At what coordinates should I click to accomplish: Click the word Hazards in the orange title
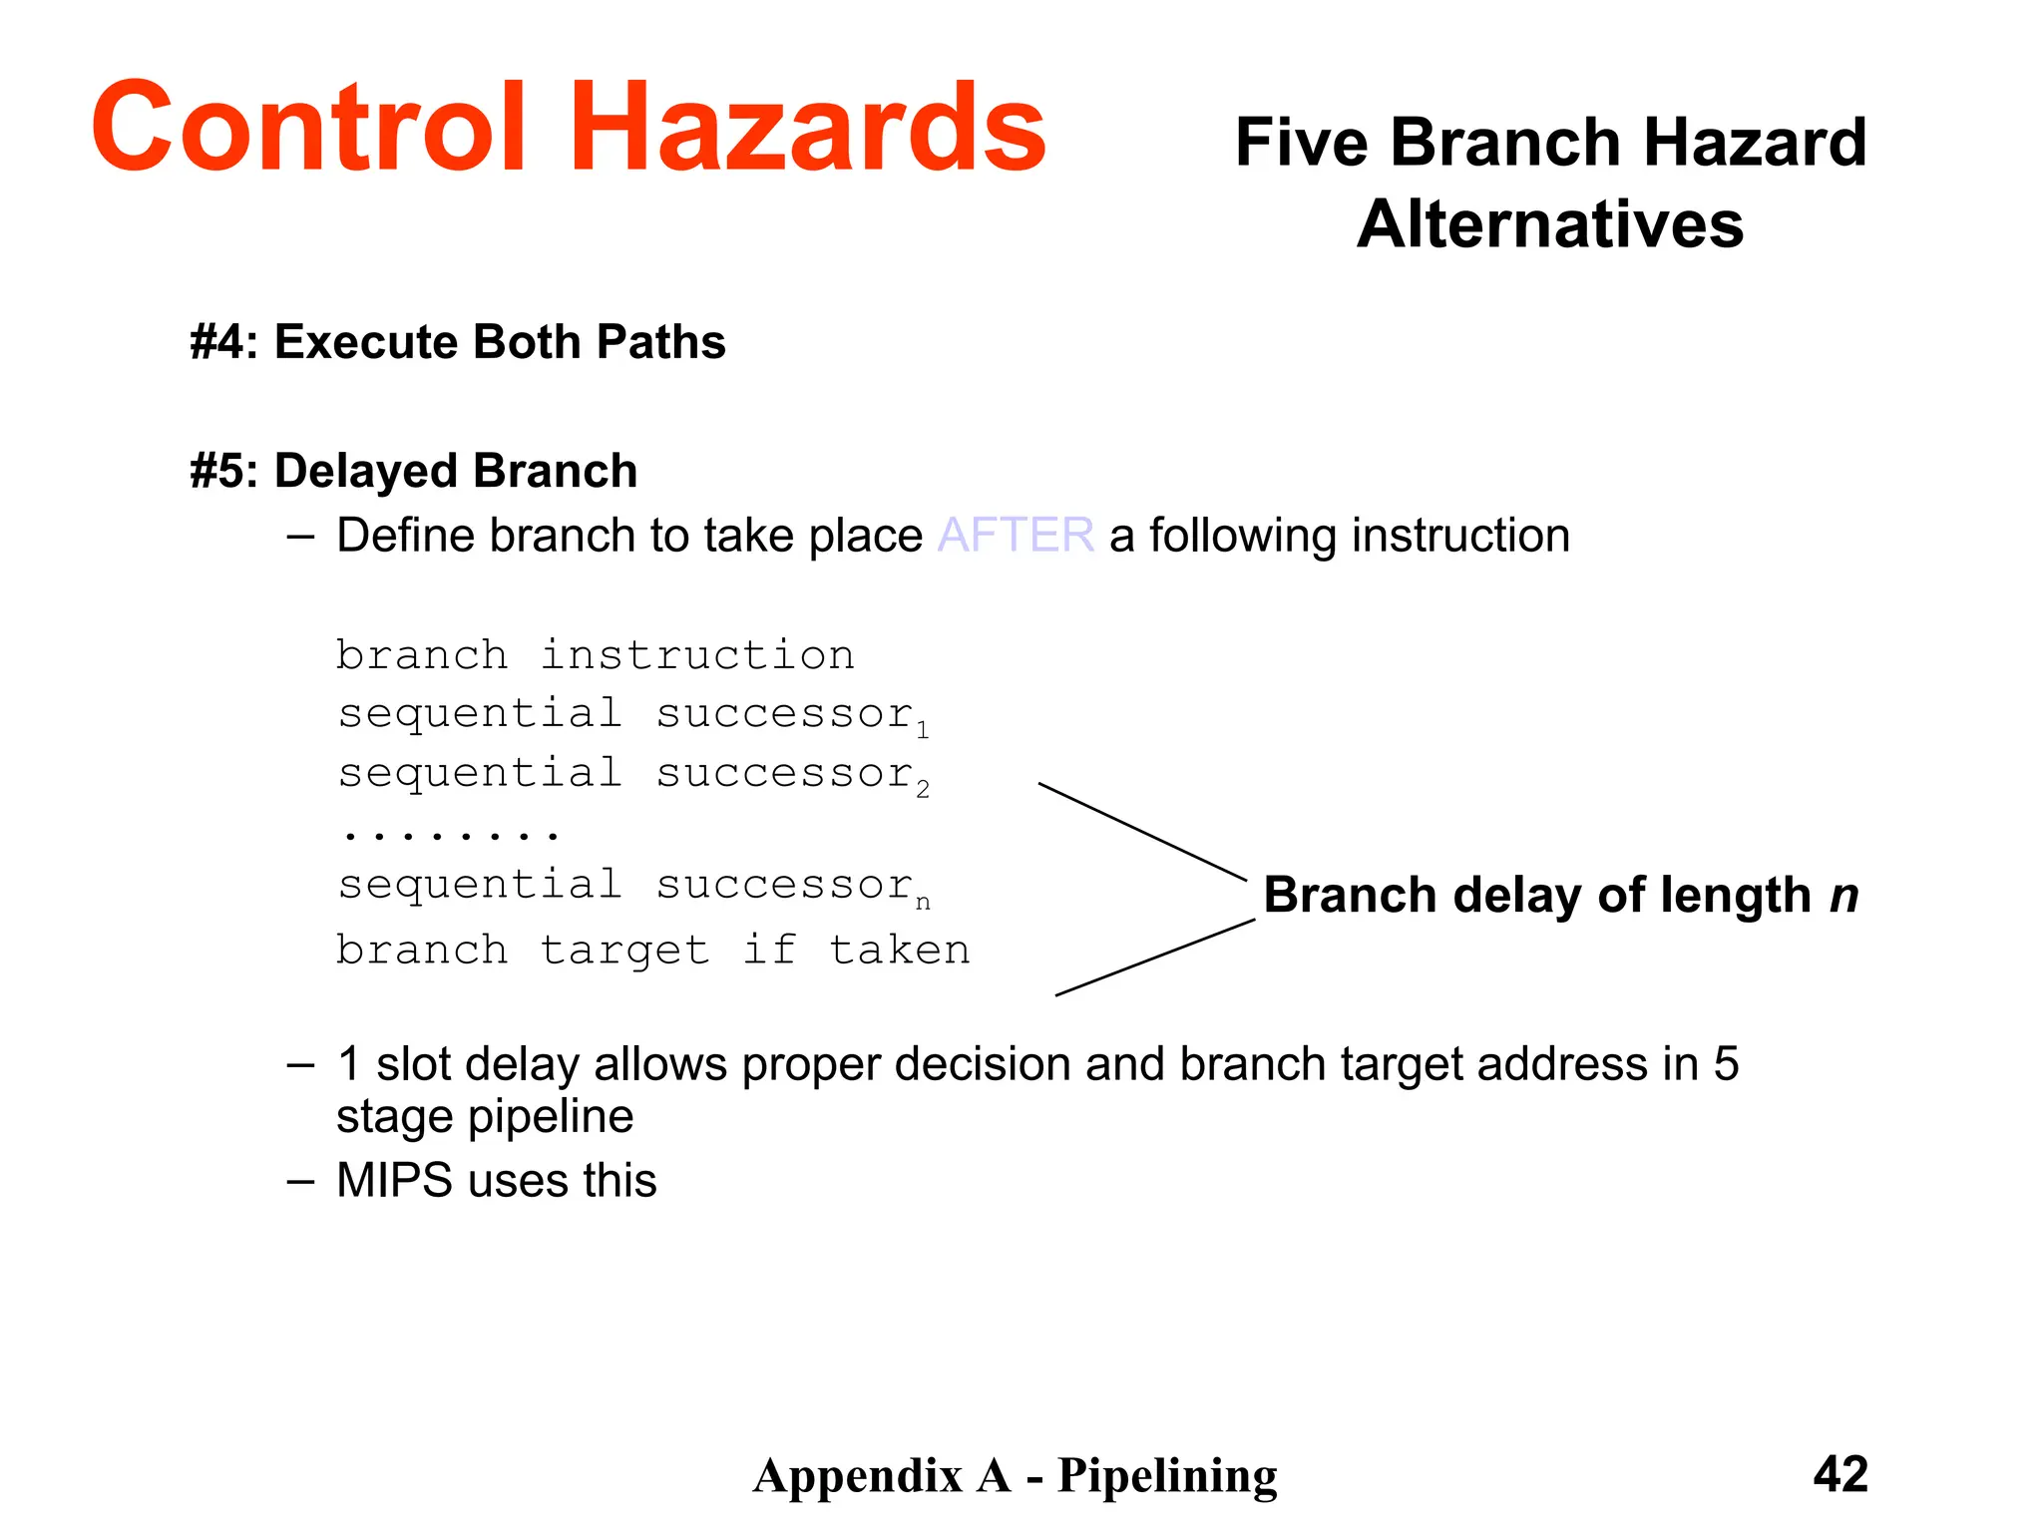pyautogui.click(x=808, y=128)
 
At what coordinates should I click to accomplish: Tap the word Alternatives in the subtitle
pyautogui.click(x=1550, y=224)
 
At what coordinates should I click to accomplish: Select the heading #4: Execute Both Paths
pyautogui.click(x=457, y=342)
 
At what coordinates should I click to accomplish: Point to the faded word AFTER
pyautogui.click(x=1016, y=536)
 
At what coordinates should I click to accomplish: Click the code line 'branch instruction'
pyautogui.click(x=595, y=655)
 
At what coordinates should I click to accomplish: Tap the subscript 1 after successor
pyautogui.click(x=923, y=731)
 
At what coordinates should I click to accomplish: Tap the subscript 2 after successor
pyautogui.click(x=923, y=790)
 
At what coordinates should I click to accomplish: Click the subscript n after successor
pyautogui.click(x=923, y=904)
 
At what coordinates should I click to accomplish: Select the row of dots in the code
pyautogui.click(x=449, y=833)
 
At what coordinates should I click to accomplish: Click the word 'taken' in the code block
pyautogui.click(x=899, y=950)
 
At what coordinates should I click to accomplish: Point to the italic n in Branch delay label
pyautogui.click(x=1843, y=895)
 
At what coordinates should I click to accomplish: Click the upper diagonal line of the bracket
pyautogui.click(x=1142, y=832)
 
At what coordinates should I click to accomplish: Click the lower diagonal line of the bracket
pyautogui.click(x=1154, y=957)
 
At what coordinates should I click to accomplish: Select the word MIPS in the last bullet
pyautogui.click(x=394, y=1181)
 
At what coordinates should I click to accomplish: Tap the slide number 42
pyautogui.click(x=1840, y=1474)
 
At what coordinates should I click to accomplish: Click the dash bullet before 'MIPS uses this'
pyautogui.click(x=300, y=1182)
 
